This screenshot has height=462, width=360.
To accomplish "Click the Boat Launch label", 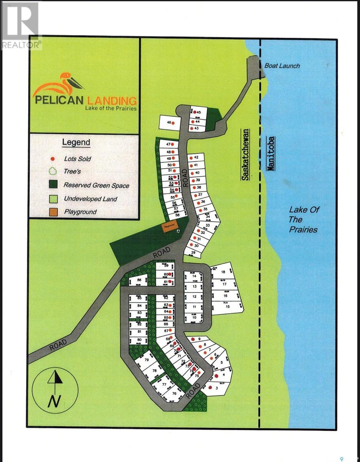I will click(x=282, y=66).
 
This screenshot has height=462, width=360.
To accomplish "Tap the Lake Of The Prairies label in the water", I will click(x=303, y=219).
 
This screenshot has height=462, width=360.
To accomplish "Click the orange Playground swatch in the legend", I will click(x=54, y=212).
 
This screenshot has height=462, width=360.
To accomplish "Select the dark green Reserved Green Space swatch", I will click(x=54, y=185).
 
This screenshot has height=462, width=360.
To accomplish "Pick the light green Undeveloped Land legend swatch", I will click(x=54, y=199).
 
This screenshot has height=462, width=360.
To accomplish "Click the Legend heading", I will click(x=76, y=142).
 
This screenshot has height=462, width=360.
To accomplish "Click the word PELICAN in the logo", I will click(x=59, y=100).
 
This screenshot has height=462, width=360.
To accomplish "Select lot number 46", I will click(x=168, y=123).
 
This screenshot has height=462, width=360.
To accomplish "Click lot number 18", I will click(x=223, y=272).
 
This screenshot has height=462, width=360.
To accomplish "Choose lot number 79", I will click(x=146, y=360).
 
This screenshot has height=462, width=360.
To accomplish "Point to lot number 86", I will click(x=139, y=280).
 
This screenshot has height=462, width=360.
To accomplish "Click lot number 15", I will click(x=227, y=306).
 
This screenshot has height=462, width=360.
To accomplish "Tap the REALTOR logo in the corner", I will click(x=21, y=25).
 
